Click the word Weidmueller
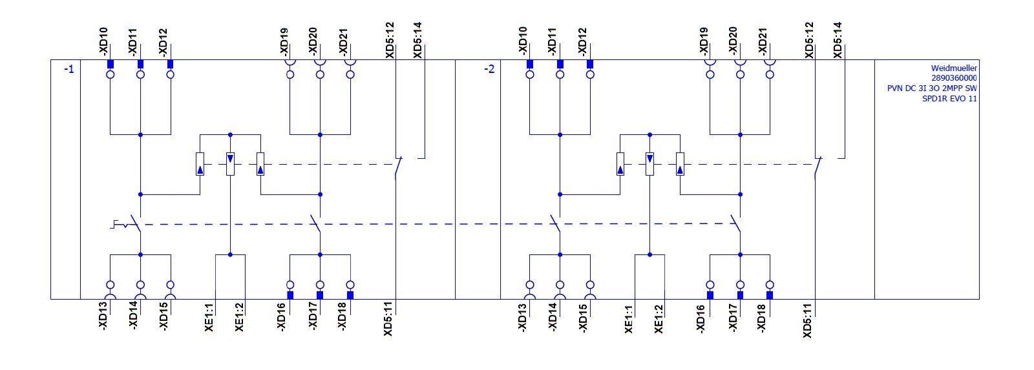(954, 68)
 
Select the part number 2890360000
(954, 78)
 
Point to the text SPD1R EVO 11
(949, 98)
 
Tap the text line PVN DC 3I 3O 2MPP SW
(932, 88)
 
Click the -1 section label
(69, 69)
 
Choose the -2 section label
(489, 69)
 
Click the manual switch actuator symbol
(119, 225)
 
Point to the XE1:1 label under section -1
(209, 318)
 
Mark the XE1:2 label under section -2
(659, 318)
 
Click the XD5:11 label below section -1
(388, 319)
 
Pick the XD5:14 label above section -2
(838, 40)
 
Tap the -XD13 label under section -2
(523, 318)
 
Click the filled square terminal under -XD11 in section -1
(140, 64)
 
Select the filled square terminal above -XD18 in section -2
(770, 295)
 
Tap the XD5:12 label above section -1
(390, 40)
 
